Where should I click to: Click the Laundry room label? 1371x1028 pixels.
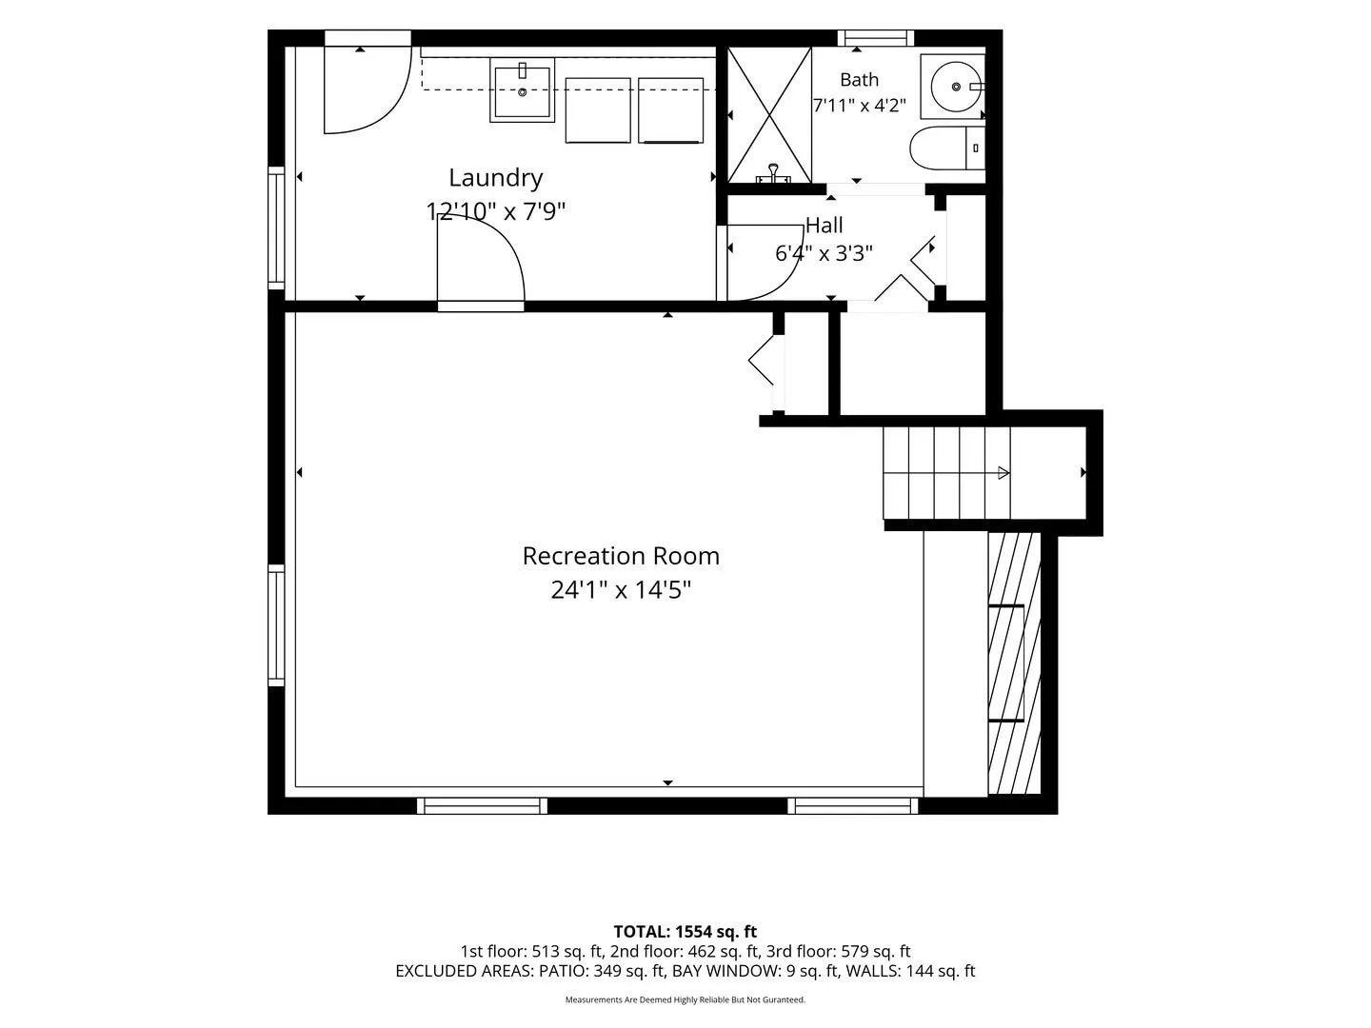pyautogui.click(x=495, y=179)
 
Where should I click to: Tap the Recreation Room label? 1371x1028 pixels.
pyautogui.click(x=620, y=556)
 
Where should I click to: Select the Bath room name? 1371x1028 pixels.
pyautogui.click(x=859, y=80)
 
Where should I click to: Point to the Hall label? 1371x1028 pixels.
pyautogui.click(x=824, y=225)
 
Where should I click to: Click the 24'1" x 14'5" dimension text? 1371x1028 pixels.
pyautogui.click(x=620, y=589)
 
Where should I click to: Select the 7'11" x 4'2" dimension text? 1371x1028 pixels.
pyautogui.click(x=859, y=105)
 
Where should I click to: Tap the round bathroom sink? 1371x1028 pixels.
pyautogui.click(x=956, y=87)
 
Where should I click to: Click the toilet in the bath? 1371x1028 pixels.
pyautogui.click(x=947, y=148)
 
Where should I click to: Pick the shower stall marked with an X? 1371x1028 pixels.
pyautogui.click(x=769, y=115)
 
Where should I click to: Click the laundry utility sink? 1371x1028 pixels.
pyautogui.click(x=522, y=89)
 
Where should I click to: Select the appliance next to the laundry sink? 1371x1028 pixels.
pyautogui.click(x=598, y=110)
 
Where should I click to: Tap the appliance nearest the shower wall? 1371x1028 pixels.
pyautogui.click(x=671, y=110)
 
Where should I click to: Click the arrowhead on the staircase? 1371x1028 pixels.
pyautogui.click(x=1003, y=472)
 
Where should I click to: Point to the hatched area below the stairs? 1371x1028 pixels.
pyautogui.click(x=1014, y=662)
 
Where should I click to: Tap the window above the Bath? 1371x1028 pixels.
pyautogui.click(x=875, y=37)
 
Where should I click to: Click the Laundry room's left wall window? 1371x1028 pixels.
pyautogui.click(x=276, y=227)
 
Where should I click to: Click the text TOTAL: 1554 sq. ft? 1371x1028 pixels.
pyautogui.click(x=685, y=931)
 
